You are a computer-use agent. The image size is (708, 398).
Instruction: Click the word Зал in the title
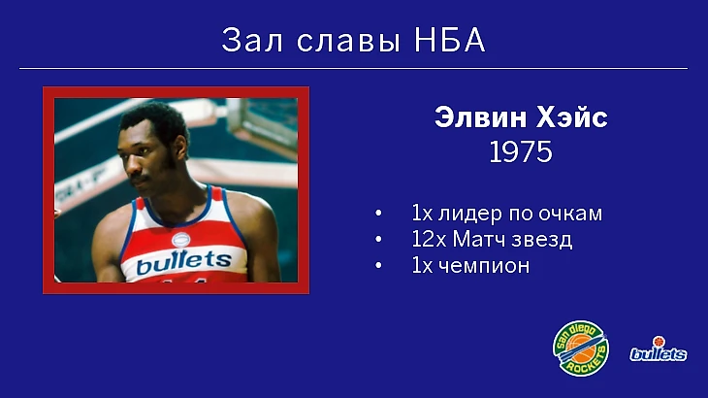click(252, 40)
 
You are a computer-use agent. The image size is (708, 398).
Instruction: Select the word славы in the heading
click(348, 42)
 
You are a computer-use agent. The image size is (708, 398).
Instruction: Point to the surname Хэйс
click(570, 117)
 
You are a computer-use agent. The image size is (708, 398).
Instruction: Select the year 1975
click(521, 151)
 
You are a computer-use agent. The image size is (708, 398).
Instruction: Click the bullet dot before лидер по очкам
click(378, 213)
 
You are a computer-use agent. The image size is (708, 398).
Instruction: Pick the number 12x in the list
click(429, 239)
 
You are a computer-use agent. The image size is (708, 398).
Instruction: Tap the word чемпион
click(484, 266)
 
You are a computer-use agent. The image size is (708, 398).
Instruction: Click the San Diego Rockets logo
click(581, 348)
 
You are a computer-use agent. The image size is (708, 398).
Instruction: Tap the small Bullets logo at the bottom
click(659, 349)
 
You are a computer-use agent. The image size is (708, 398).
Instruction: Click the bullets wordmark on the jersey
click(183, 261)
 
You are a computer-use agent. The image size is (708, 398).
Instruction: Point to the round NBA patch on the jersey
click(181, 240)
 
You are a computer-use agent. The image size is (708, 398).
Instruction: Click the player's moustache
click(139, 180)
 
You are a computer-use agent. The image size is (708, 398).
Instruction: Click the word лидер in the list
click(469, 214)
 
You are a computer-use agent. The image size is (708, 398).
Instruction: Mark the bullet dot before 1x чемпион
click(378, 265)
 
